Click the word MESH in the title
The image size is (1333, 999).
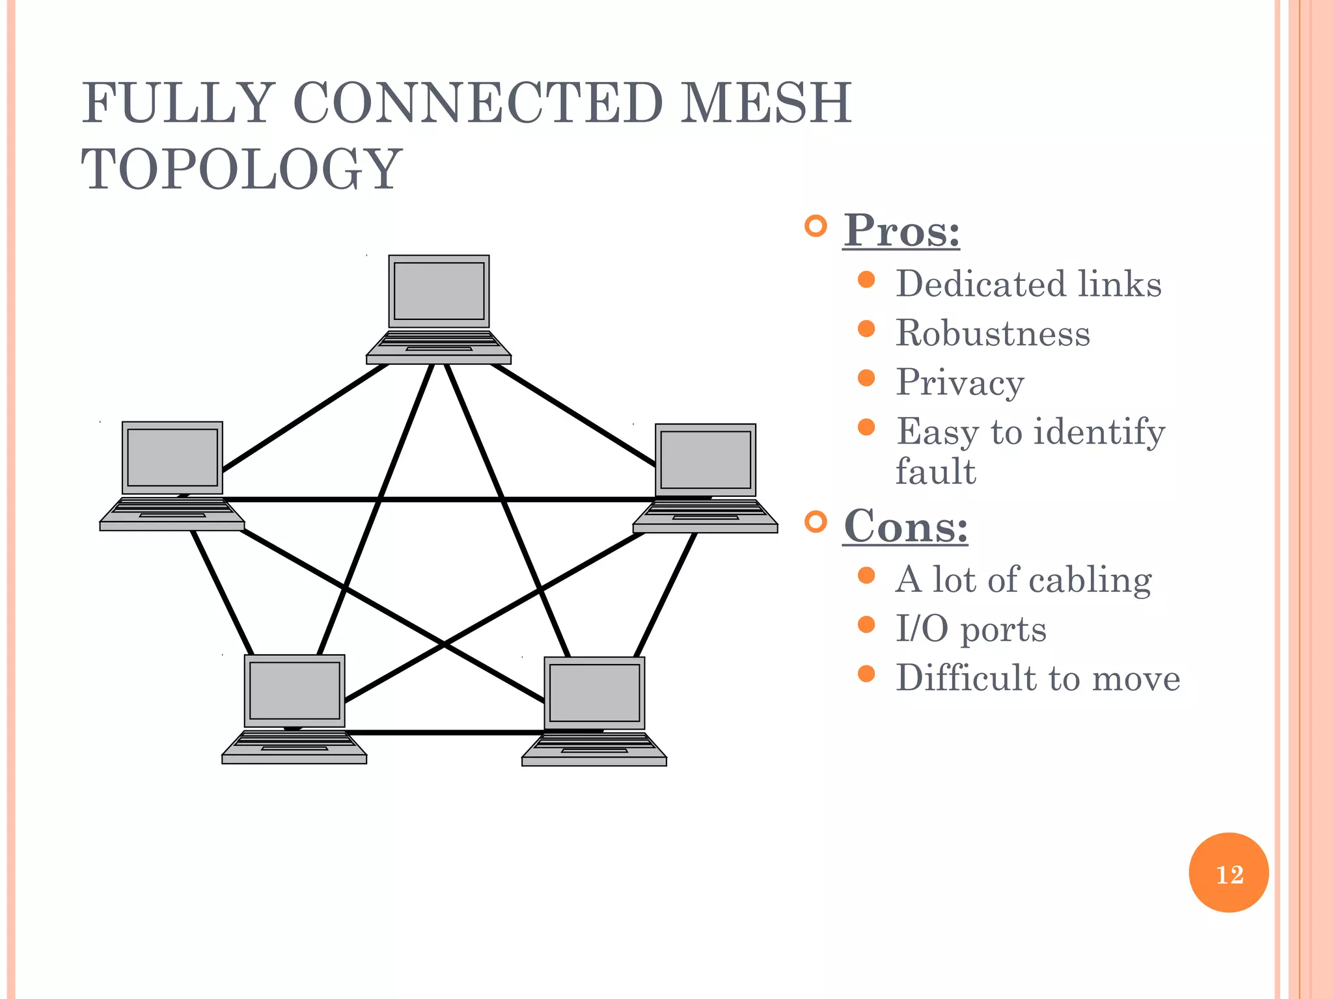765,103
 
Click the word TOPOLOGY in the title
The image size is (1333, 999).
241,170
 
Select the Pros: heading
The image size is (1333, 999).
901,231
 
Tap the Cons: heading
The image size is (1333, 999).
905,526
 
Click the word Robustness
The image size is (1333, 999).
992,334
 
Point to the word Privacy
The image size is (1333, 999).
959,382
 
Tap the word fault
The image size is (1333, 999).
935,472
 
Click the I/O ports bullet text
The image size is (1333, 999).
970,629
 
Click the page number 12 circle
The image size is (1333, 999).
1228,873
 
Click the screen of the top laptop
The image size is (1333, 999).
439,291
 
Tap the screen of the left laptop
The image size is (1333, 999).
172,457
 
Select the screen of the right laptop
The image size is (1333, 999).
706,460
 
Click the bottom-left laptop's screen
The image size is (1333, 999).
294,690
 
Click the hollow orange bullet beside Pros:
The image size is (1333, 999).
815,226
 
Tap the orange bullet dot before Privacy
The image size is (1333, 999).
866,378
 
